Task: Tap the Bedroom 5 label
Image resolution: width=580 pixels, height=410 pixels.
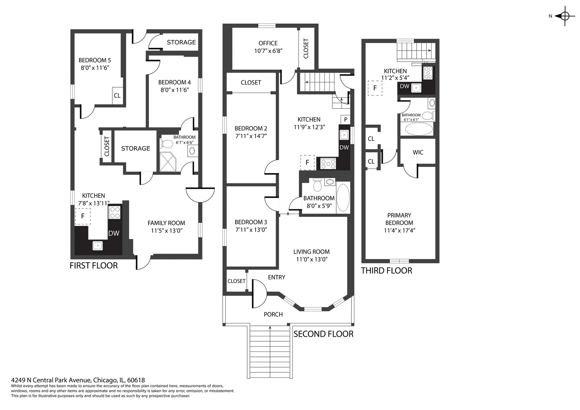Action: click(95, 60)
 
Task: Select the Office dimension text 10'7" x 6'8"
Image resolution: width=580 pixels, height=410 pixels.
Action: click(268, 51)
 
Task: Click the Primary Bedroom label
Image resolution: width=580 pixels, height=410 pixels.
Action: click(399, 219)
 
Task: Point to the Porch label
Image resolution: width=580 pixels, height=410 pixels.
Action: click(273, 314)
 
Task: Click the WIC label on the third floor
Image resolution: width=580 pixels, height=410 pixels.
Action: click(418, 152)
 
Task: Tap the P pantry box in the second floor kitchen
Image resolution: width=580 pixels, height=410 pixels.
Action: click(345, 120)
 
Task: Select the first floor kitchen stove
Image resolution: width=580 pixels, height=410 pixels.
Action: click(114, 212)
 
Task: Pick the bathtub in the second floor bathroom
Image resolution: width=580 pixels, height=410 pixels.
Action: click(343, 197)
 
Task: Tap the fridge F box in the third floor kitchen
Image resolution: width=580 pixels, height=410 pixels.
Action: click(375, 88)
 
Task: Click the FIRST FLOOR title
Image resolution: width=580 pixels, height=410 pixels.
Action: click(93, 266)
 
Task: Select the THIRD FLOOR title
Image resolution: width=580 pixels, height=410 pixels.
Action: click(387, 270)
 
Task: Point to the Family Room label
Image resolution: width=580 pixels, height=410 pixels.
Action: click(166, 223)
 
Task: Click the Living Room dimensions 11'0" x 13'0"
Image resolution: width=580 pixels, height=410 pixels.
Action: click(312, 259)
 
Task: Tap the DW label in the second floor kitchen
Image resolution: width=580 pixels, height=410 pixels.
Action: click(344, 147)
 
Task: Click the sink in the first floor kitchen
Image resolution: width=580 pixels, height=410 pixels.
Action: click(98, 245)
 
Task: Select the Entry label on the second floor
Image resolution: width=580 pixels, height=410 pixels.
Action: click(277, 277)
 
